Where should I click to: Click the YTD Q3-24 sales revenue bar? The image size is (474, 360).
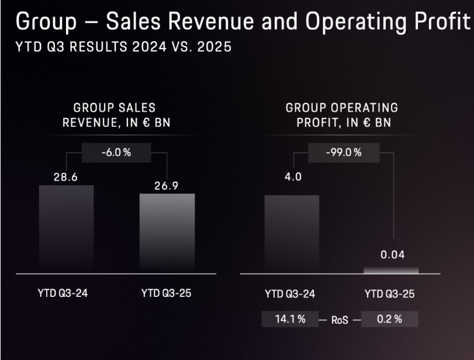[x=66, y=229]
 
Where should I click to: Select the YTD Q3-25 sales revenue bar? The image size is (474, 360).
[x=167, y=233]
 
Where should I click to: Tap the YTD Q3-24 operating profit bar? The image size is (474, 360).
[x=292, y=233]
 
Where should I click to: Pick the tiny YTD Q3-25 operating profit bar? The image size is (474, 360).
[x=392, y=270]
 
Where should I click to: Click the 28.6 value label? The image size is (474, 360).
[x=66, y=176]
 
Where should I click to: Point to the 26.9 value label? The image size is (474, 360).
[x=167, y=185]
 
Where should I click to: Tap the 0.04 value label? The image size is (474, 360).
[x=392, y=255]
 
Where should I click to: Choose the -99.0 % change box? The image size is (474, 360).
[x=343, y=153]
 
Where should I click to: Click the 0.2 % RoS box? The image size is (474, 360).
[x=390, y=319]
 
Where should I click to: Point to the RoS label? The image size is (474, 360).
[x=340, y=320]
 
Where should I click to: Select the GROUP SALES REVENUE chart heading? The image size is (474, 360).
[x=115, y=115]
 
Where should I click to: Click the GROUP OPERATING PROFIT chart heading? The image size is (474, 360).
[x=342, y=115]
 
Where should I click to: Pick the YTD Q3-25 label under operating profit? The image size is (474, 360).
[x=390, y=294]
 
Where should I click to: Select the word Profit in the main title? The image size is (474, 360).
[x=438, y=22]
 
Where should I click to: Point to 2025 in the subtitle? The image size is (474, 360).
[x=213, y=47]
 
